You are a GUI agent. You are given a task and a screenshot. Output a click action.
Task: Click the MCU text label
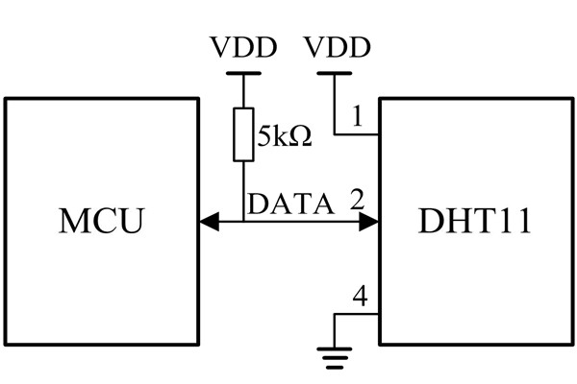tap(101, 221)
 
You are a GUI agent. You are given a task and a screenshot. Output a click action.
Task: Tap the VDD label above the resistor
tap(242, 46)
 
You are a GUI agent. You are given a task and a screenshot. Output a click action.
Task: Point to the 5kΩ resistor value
tap(285, 136)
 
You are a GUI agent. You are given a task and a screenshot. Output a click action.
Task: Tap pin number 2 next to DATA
tap(357, 202)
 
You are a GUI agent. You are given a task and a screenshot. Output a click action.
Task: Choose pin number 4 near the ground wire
tap(360, 298)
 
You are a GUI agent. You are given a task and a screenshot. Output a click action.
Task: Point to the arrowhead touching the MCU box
tap(207, 223)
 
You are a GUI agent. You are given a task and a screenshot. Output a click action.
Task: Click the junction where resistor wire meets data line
tap(243, 223)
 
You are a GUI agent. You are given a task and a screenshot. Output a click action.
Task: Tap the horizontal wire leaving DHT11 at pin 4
tap(357, 315)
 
